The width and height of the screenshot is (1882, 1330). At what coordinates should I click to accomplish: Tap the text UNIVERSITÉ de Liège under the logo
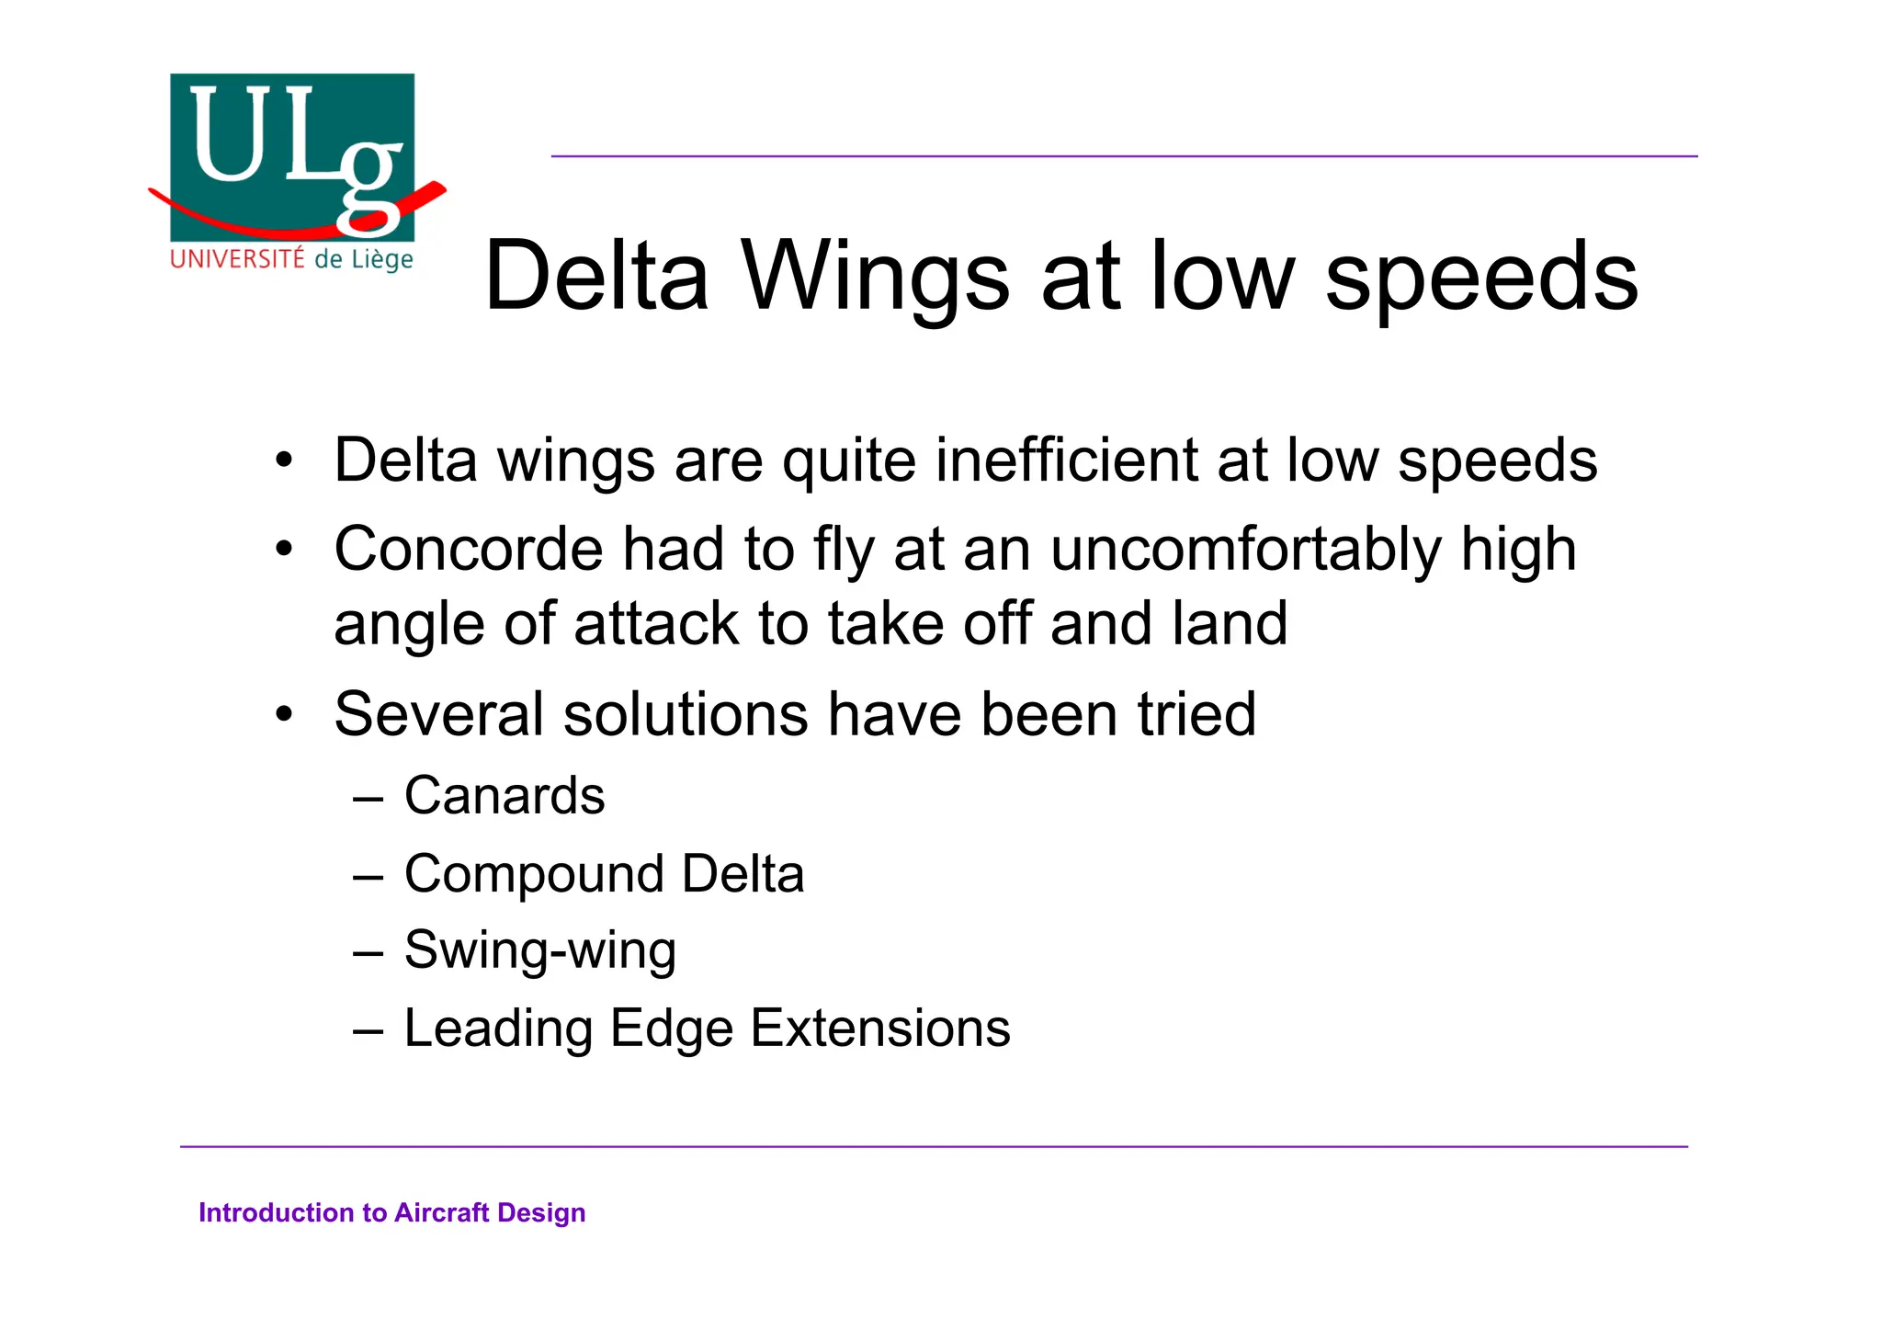[x=292, y=259]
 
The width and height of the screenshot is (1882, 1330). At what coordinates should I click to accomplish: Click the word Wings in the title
[x=875, y=276]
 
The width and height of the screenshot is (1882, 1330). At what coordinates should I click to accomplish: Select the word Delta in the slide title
[x=597, y=276]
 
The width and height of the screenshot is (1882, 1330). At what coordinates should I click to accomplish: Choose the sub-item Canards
[x=505, y=795]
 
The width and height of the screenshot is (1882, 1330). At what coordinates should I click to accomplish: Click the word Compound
[x=533, y=875]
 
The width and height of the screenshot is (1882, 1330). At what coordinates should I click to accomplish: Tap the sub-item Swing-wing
[x=540, y=950]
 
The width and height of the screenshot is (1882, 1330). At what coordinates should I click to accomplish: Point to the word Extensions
[x=880, y=1028]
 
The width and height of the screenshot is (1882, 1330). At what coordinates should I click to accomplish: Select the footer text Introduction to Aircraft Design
[x=392, y=1213]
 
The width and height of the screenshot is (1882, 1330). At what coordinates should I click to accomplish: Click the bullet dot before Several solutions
[x=285, y=714]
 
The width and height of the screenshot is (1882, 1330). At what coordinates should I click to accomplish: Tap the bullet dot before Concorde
[x=285, y=550]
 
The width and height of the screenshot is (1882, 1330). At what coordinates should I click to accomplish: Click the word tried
[x=1196, y=714]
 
